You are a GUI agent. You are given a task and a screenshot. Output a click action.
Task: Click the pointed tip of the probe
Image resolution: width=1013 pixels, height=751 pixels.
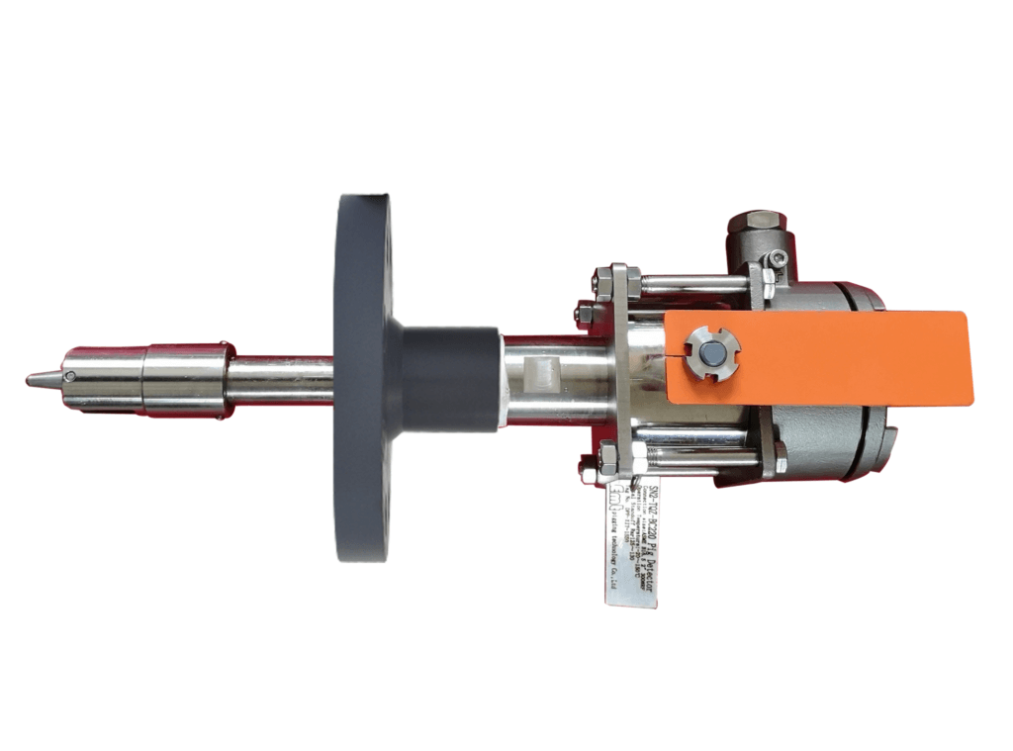pyautogui.click(x=31, y=379)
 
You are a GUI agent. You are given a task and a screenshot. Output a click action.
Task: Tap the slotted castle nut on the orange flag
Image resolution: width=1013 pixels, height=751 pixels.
pyautogui.click(x=710, y=352)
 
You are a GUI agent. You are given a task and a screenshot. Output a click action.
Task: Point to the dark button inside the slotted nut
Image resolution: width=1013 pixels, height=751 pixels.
pyautogui.click(x=710, y=353)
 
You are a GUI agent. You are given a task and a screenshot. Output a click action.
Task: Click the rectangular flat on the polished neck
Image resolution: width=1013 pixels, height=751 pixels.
pyautogui.click(x=539, y=374)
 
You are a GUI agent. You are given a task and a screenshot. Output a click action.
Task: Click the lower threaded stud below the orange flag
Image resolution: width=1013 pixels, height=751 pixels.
pyautogui.click(x=692, y=457)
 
